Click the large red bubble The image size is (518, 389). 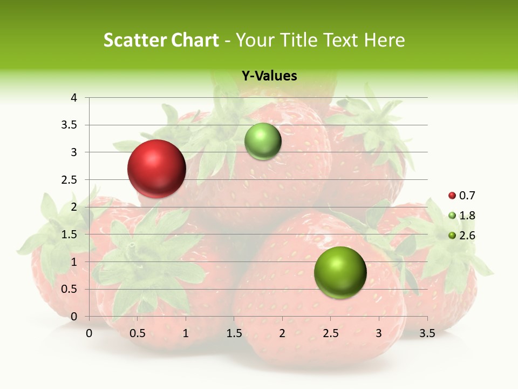[156, 169]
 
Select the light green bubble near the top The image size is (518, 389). [263, 142]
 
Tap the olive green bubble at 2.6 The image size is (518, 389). [340, 272]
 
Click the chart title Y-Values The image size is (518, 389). [269, 76]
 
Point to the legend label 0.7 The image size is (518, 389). [467, 196]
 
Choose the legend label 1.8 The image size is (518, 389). [467, 216]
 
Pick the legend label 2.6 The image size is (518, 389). [467, 236]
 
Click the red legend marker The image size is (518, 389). [452, 196]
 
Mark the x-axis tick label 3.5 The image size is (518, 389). [427, 333]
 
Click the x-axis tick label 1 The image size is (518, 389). [186, 333]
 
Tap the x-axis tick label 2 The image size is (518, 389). [282, 333]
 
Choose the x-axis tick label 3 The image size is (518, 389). [379, 333]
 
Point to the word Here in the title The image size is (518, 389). [384, 40]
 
